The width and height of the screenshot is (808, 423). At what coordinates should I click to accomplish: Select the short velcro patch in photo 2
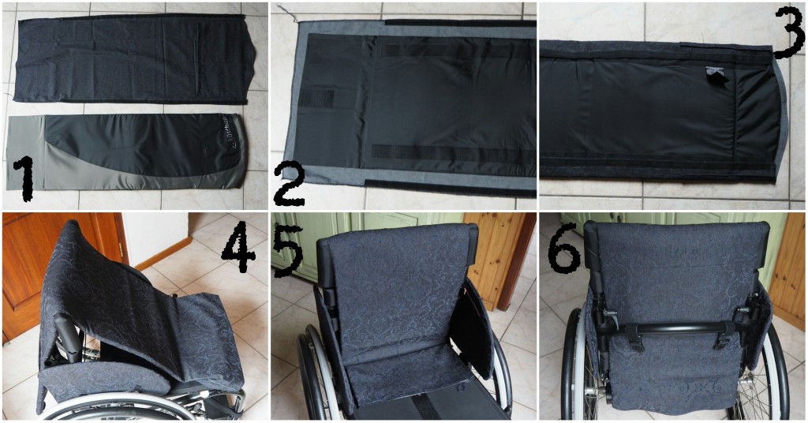tap(316, 99)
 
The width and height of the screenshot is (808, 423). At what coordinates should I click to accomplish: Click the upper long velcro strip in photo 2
tap(456, 50)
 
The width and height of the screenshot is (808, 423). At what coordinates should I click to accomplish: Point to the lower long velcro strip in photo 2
tap(454, 151)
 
